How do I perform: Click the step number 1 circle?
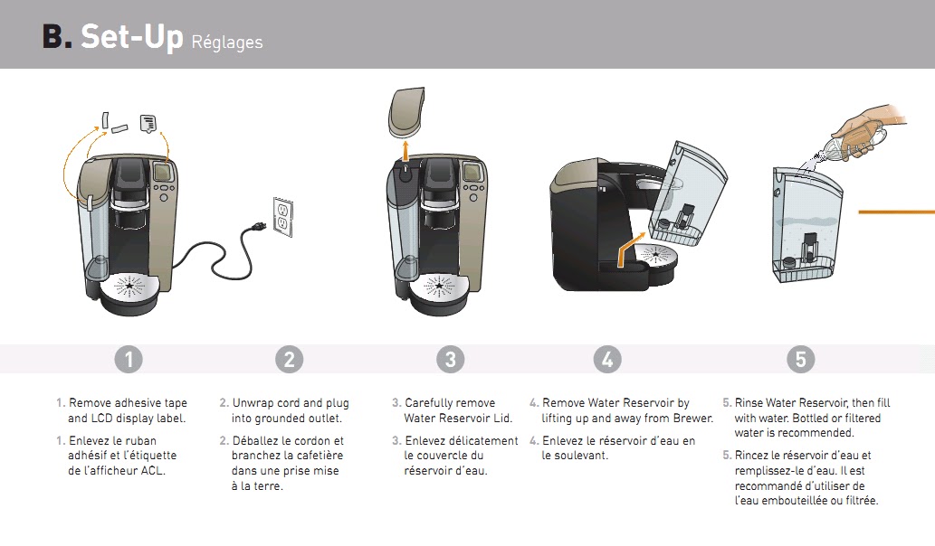(x=129, y=360)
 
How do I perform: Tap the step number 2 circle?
(x=290, y=360)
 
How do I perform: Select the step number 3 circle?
(x=450, y=360)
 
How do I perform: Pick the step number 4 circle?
(x=607, y=360)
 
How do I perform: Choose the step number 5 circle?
(x=800, y=360)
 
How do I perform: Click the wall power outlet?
(x=283, y=217)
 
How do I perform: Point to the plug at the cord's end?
(x=258, y=226)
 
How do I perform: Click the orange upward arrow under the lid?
(x=405, y=151)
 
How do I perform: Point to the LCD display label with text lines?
(x=148, y=123)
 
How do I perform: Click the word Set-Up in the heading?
(x=132, y=37)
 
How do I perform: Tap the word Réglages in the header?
(x=227, y=42)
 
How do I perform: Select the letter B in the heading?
(x=53, y=37)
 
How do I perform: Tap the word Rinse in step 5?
(x=749, y=402)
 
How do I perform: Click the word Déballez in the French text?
(x=254, y=440)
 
